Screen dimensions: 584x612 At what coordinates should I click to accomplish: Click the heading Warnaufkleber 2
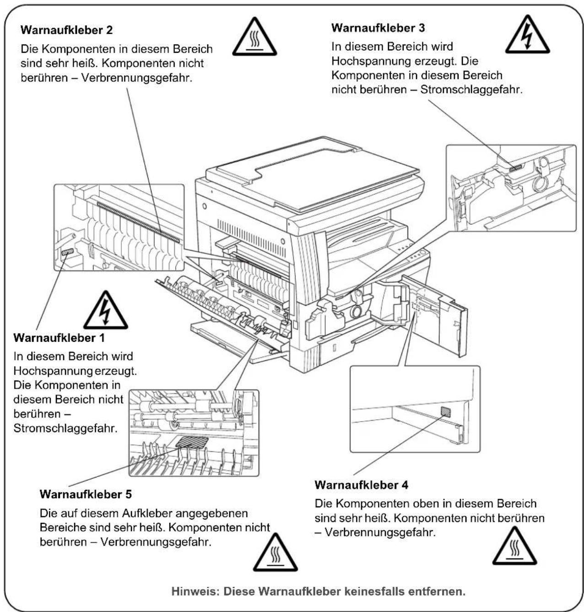[x=67, y=30]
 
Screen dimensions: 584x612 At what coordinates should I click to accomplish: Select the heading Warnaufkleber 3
[x=378, y=28]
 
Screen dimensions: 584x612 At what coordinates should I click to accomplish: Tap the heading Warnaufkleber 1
[x=59, y=338]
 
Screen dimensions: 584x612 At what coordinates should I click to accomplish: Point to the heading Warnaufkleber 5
[x=86, y=494]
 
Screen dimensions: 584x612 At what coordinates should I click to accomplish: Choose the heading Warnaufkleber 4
[x=361, y=485]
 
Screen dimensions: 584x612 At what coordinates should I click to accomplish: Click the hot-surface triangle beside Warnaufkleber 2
[x=254, y=37]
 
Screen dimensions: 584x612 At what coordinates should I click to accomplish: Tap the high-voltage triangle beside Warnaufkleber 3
[x=527, y=34]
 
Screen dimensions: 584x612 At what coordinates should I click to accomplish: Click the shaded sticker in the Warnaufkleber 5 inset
[x=192, y=443]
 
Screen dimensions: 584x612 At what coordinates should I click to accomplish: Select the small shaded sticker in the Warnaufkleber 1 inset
[x=68, y=252]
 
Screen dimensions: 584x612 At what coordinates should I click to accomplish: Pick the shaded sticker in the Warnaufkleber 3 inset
[x=515, y=168]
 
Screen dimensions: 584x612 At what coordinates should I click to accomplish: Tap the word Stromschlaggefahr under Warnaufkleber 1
[x=66, y=428]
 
